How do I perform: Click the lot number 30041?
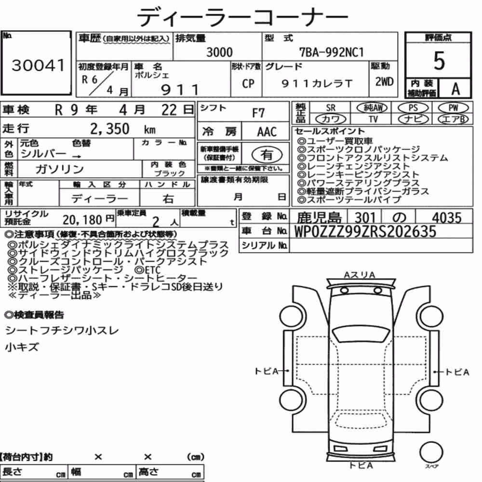(x=38, y=65)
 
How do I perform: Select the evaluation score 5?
(x=439, y=61)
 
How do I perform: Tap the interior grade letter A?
(x=455, y=89)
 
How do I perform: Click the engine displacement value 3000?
(x=219, y=52)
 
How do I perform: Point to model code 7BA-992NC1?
(x=332, y=52)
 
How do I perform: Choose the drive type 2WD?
(x=384, y=81)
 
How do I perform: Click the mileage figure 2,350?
(x=110, y=129)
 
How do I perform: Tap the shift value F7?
(x=258, y=113)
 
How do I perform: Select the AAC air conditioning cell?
(x=267, y=132)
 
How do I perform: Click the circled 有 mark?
(x=267, y=155)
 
